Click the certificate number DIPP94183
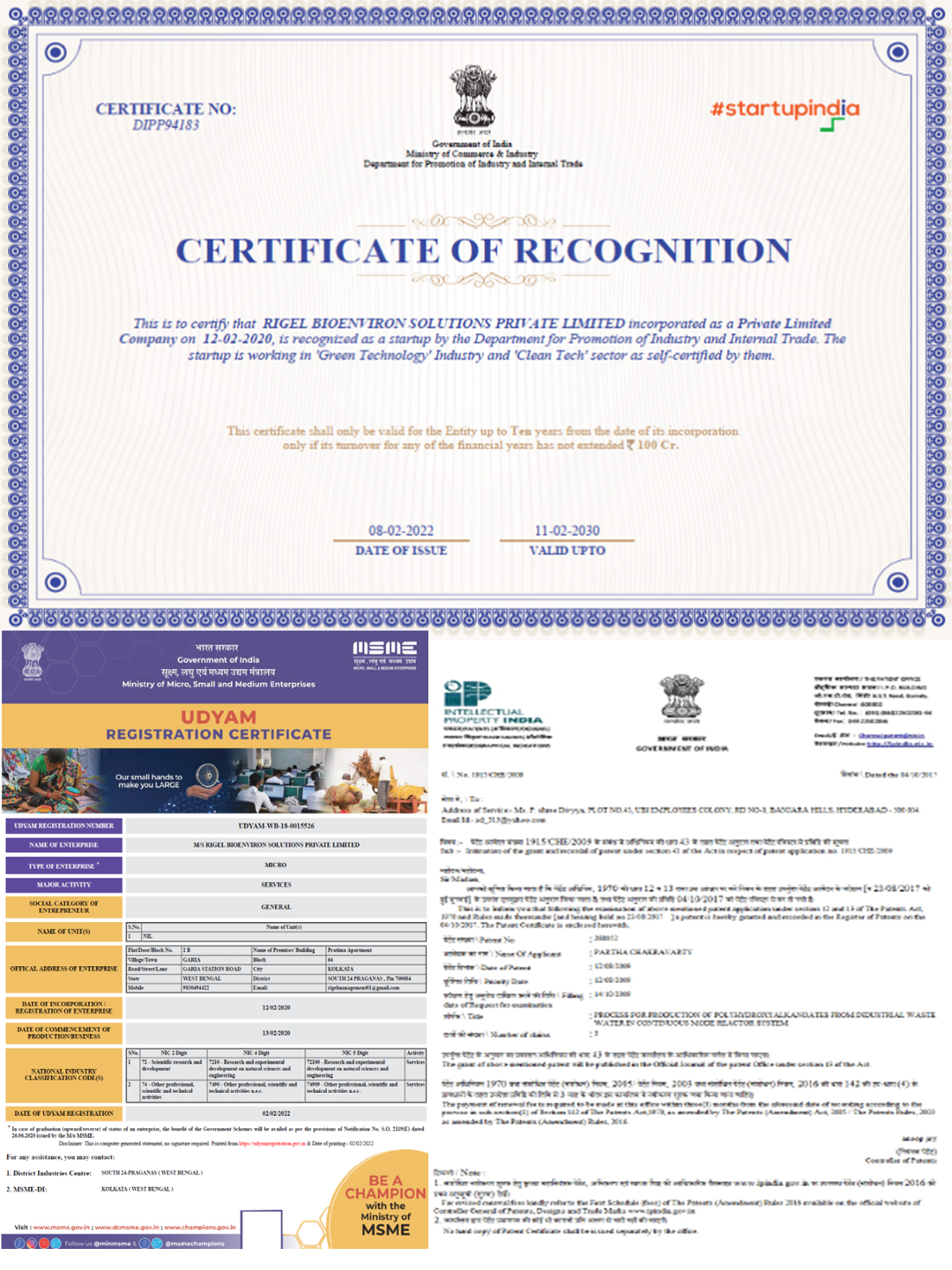(166, 125)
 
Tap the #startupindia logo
(785, 109)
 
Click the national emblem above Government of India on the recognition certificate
(473, 98)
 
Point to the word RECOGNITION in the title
(652, 251)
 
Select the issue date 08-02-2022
(401, 531)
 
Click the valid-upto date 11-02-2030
(567, 531)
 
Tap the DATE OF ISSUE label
(401, 551)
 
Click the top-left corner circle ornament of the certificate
(56, 53)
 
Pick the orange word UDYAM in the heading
(219, 717)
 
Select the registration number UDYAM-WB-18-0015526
(276, 826)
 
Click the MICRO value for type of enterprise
(276, 865)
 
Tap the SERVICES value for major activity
(276, 884)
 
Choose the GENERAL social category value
(276, 906)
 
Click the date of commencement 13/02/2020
(276, 1032)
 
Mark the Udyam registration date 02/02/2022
(276, 1113)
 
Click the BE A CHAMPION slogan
(385, 1186)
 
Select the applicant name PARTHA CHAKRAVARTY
(643, 952)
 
